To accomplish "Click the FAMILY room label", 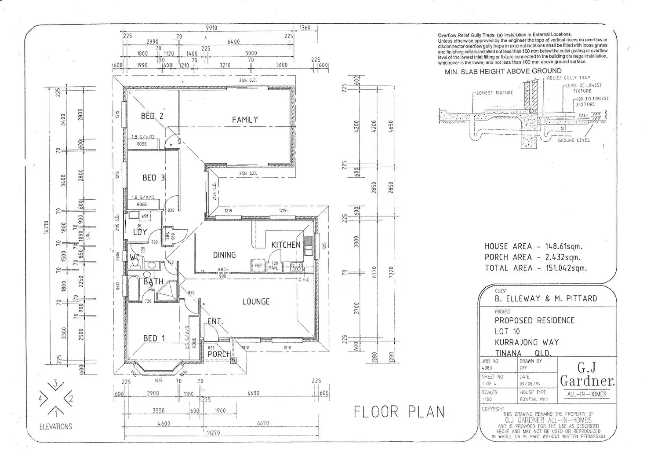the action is tap(245, 120).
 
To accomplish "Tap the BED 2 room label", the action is tap(152, 116).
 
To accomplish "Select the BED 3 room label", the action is tap(153, 178).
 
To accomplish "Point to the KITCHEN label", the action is tap(286, 245).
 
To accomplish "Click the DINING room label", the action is tap(224, 255).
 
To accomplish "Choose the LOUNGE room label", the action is tap(256, 302).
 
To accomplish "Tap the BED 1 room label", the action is tap(154, 338).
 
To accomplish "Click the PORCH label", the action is tap(219, 354).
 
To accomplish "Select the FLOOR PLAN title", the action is tap(399, 412).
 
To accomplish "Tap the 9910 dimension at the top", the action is tap(211, 28).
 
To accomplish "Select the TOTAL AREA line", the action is tap(535, 268).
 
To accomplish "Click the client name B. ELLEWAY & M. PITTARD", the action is tap(545, 299).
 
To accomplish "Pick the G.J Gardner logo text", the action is tap(587, 374).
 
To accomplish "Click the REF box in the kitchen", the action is tap(258, 266).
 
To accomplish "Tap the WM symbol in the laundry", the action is tap(144, 216).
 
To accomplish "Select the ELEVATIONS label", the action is tap(55, 426).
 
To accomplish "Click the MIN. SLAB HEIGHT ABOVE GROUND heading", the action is tap(503, 71).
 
